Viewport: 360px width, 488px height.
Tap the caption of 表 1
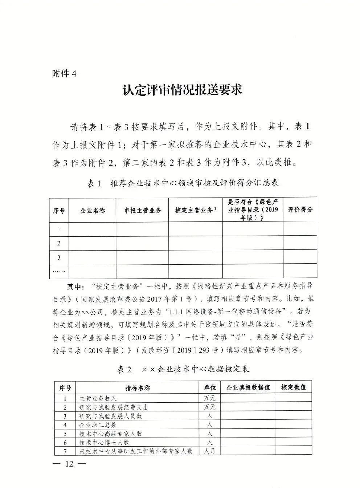182,184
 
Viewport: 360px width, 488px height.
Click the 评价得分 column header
300,210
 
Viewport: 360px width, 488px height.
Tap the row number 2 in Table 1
59,243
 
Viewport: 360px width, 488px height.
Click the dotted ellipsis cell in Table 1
59,271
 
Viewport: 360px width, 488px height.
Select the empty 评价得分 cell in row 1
300,229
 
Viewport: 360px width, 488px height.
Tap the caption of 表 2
182,370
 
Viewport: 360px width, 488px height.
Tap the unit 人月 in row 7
210,451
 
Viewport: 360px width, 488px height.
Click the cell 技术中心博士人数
105,443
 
